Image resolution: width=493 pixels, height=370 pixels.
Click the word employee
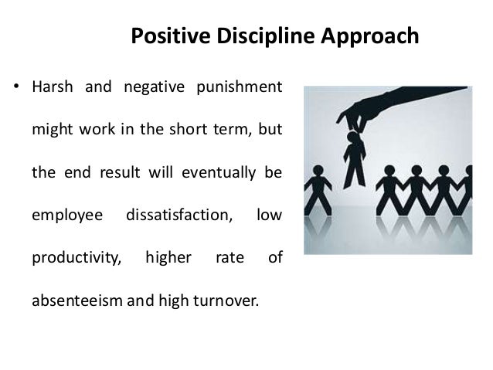(66, 214)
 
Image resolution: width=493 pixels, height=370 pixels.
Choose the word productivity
(76, 257)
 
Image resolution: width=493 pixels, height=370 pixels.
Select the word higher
(168, 257)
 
